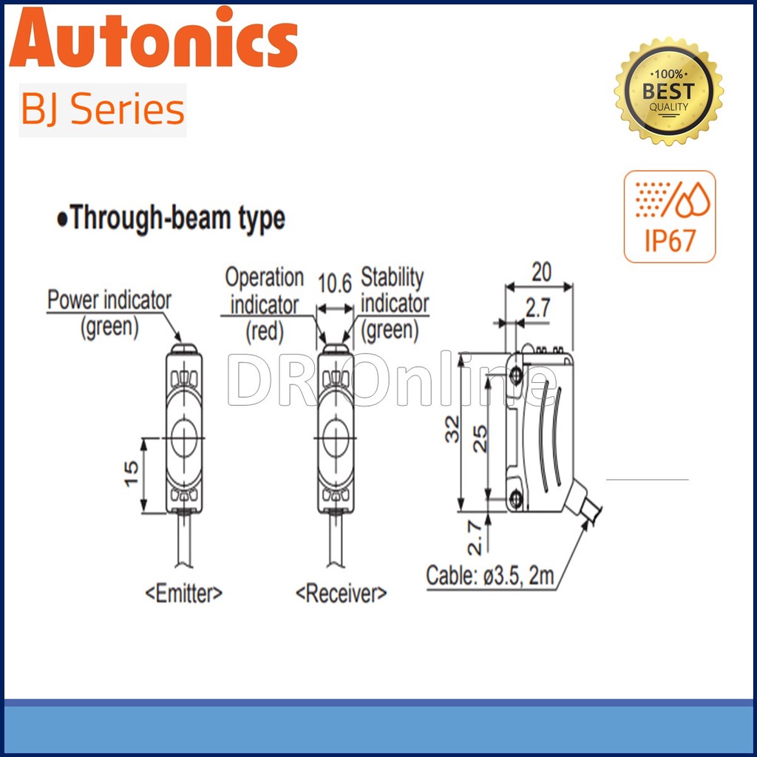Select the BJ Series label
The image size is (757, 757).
click(x=103, y=110)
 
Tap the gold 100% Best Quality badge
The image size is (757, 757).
click(x=668, y=91)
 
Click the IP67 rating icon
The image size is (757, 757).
click(x=670, y=217)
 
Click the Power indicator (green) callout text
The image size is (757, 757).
click(x=109, y=313)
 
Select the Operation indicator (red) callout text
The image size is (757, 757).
click(x=264, y=304)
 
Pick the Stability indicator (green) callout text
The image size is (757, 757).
click(x=394, y=304)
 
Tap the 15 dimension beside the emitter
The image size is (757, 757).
click(x=131, y=472)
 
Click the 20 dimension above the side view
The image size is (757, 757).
click(x=541, y=273)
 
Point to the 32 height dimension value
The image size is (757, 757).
click(x=452, y=429)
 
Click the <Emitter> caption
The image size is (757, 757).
click(x=184, y=593)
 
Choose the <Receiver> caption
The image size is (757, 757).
click(x=341, y=593)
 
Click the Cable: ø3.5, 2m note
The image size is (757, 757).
click(x=490, y=576)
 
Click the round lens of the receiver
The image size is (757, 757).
click(x=336, y=438)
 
